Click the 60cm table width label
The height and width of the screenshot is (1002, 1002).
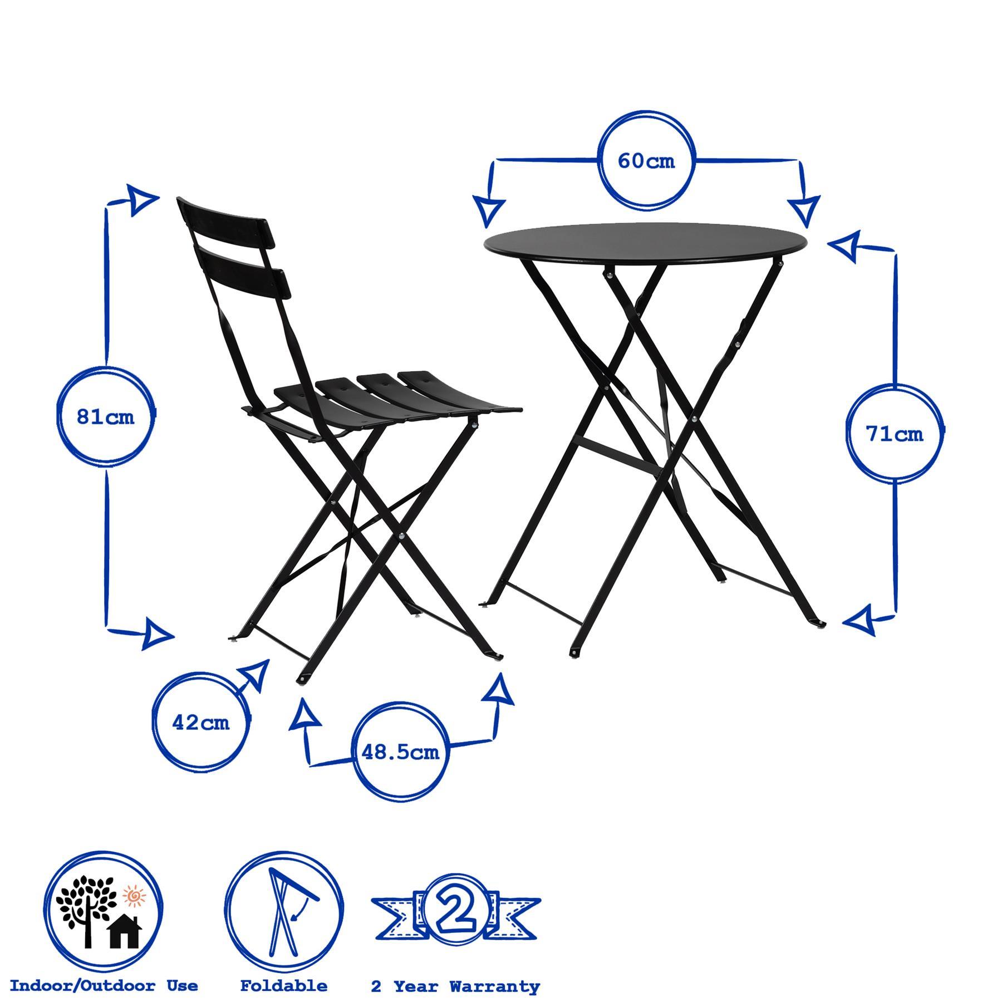[646, 161]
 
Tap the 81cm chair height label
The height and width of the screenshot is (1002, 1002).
[106, 416]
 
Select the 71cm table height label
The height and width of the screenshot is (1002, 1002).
[894, 434]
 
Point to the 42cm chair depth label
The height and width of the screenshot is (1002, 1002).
[201, 723]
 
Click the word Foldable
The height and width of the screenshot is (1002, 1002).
[283, 971]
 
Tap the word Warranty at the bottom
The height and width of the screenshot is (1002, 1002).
[494, 972]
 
